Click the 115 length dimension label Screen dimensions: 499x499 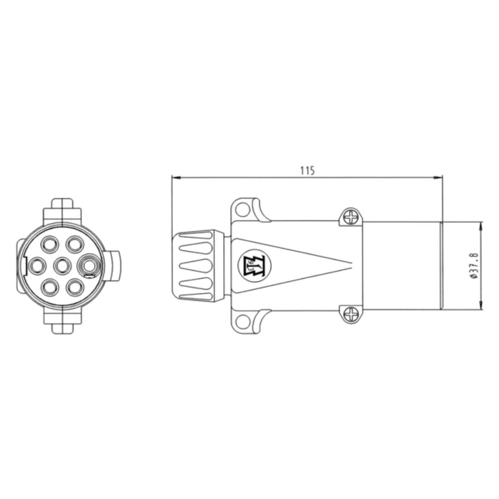pyautogui.click(x=307, y=170)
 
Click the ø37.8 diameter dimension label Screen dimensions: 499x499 pyautogui.click(x=474, y=266)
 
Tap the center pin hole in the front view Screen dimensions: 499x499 pyautogui.click(x=62, y=266)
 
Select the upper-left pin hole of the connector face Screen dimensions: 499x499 pyautogui.click(x=50, y=244)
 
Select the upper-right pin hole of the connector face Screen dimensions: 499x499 pyautogui.click(x=75, y=244)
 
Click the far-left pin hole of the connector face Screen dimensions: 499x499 pyautogui.click(x=37, y=266)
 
